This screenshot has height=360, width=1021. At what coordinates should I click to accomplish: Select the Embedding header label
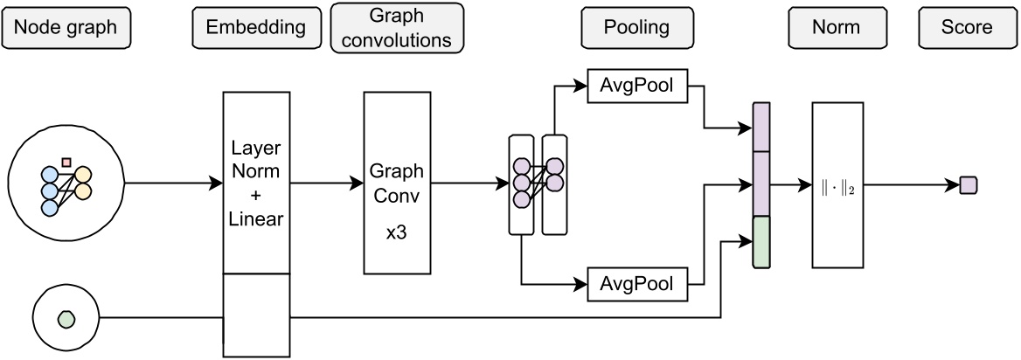click(x=255, y=27)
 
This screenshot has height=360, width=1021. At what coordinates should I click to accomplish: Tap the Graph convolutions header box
click(x=397, y=28)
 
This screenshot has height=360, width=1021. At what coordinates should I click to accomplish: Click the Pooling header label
click(x=636, y=27)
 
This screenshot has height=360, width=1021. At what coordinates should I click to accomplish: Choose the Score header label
click(x=967, y=27)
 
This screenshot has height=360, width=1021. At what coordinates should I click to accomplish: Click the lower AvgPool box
click(x=636, y=284)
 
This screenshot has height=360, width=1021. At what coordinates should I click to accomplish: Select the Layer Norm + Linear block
click(x=255, y=183)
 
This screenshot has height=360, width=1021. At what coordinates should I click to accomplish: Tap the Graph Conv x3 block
click(x=397, y=183)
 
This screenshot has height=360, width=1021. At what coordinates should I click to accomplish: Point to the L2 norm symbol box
click(x=837, y=184)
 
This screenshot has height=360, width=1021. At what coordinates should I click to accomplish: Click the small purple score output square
click(x=968, y=184)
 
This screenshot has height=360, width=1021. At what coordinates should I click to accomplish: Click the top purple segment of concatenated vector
click(x=761, y=127)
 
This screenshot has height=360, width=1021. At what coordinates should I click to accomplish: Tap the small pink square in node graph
click(x=66, y=161)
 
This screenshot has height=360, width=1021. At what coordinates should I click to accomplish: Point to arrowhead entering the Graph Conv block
click(x=358, y=183)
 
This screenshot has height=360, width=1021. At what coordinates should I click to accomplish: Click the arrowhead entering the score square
click(x=954, y=184)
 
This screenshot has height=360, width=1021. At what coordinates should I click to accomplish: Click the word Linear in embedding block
click(x=255, y=218)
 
